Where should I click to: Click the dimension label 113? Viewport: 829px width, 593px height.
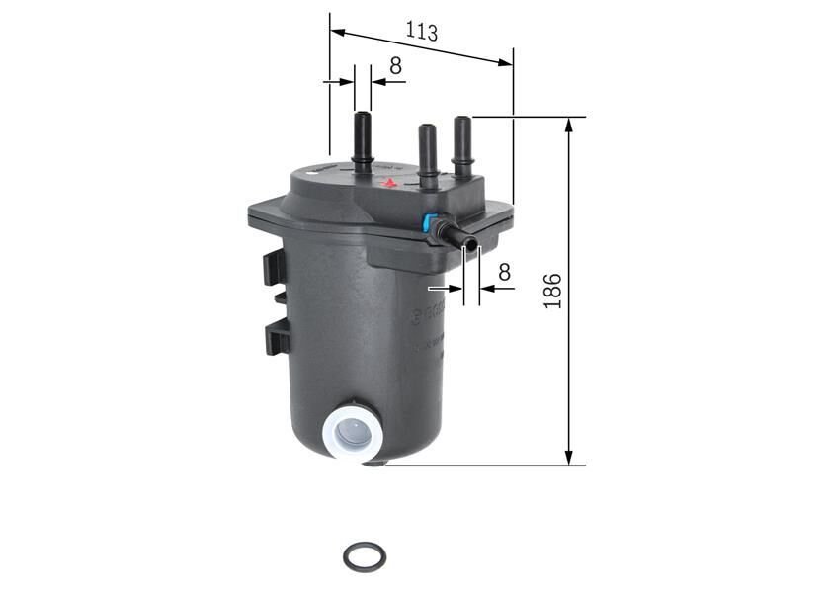click(421, 31)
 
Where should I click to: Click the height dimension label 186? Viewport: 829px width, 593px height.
click(553, 291)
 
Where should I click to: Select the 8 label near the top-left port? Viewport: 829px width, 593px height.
click(395, 66)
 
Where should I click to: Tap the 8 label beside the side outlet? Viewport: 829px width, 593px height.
click(504, 271)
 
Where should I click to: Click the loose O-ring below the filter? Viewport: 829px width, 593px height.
click(365, 557)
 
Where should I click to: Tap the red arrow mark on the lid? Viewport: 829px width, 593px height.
click(390, 183)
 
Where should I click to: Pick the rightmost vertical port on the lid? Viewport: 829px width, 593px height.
click(461, 144)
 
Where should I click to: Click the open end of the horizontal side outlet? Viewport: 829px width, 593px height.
click(470, 244)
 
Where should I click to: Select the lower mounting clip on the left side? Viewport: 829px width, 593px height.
click(277, 337)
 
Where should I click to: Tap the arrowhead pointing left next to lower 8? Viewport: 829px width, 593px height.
click(486, 289)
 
